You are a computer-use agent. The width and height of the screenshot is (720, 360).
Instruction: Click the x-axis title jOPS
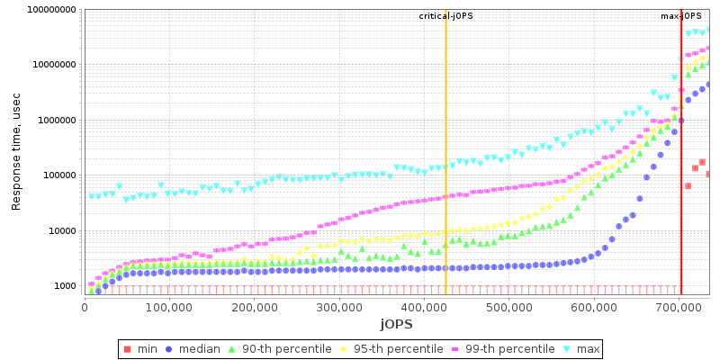click(396, 323)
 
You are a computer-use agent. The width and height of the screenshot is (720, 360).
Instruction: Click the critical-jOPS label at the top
click(445, 16)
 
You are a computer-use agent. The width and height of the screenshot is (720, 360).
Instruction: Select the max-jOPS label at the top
click(681, 16)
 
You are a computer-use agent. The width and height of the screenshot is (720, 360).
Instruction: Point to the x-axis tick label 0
click(85, 308)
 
